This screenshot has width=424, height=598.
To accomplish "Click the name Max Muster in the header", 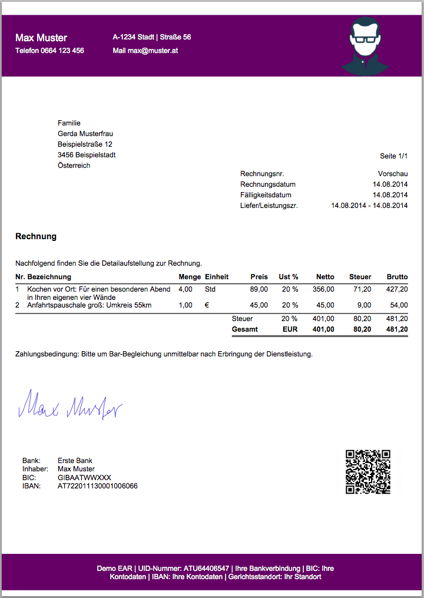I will point(41,38).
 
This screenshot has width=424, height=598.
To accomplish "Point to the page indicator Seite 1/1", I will point(394,156).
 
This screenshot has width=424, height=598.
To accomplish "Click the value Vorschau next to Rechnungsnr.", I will point(393,174).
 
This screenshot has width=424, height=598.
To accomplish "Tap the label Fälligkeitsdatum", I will point(266,195).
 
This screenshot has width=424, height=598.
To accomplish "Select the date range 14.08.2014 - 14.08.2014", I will point(370,206).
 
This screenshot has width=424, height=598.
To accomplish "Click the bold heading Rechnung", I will point(36,236).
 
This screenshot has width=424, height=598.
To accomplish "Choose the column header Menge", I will point(190,277).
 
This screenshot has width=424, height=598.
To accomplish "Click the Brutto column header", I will point(397,277).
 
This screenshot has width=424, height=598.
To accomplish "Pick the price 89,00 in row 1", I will point(259,289).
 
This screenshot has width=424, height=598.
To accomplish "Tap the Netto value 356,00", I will point(323,289).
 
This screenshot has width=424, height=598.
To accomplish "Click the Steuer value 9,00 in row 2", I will point(364,305).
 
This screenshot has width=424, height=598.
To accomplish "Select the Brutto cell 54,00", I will point(399,305).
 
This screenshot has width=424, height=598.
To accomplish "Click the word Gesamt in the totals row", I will point(245,329).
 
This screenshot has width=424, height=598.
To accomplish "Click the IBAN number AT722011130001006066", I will point(98,487).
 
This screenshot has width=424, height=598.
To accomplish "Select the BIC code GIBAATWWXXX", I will point(84,478).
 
